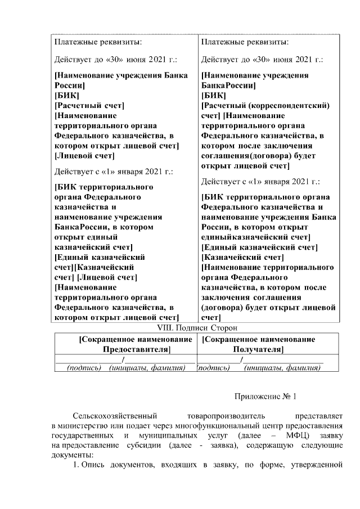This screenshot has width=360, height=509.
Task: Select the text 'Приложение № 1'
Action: [265, 397]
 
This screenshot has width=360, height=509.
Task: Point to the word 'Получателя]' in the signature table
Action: [258, 349]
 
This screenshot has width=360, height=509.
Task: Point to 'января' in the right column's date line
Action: [276, 182]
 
